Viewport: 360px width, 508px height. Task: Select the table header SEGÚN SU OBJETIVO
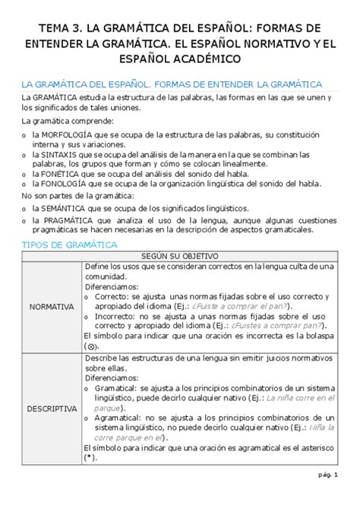(x=179, y=256)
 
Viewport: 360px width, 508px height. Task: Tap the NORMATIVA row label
(x=51, y=307)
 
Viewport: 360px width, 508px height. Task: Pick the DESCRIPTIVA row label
(x=51, y=408)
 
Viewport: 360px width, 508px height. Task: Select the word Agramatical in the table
(x=120, y=417)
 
